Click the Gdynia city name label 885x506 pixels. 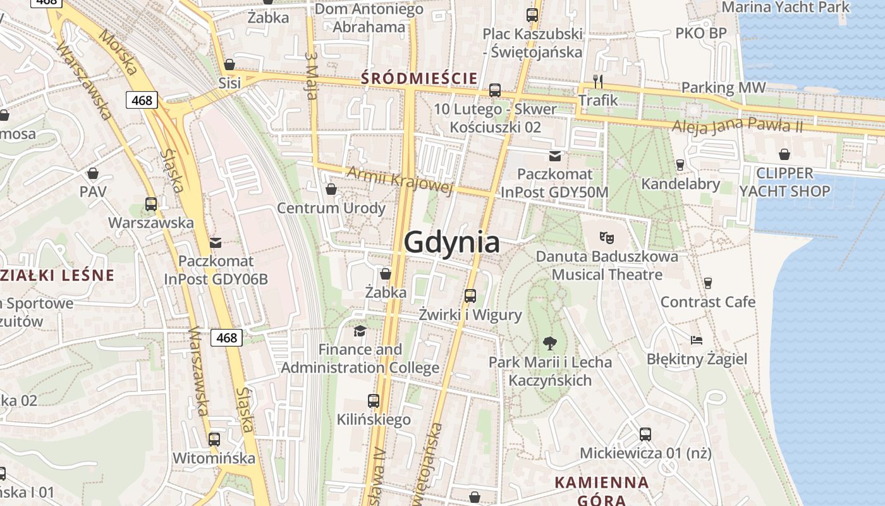(451, 242)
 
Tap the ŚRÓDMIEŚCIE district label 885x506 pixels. (419, 78)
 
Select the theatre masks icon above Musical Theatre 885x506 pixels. (607, 238)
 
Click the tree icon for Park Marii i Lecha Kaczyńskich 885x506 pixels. (550, 343)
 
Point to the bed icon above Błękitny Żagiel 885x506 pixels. (696, 340)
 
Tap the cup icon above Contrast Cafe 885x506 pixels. (708, 283)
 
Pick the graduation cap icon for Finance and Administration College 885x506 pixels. (360, 331)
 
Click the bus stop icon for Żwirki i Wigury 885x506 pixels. (470, 295)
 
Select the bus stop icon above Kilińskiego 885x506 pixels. (374, 400)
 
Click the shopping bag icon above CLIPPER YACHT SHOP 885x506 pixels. (784, 154)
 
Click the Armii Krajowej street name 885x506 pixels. (400, 180)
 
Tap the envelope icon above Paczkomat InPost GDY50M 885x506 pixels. (555, 156)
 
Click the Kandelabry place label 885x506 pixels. (680, 184)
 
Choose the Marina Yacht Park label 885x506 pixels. (786, 8)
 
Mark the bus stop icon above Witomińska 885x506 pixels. (214, 439)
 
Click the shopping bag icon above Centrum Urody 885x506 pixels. (331, 189)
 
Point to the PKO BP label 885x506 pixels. (701, 33)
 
